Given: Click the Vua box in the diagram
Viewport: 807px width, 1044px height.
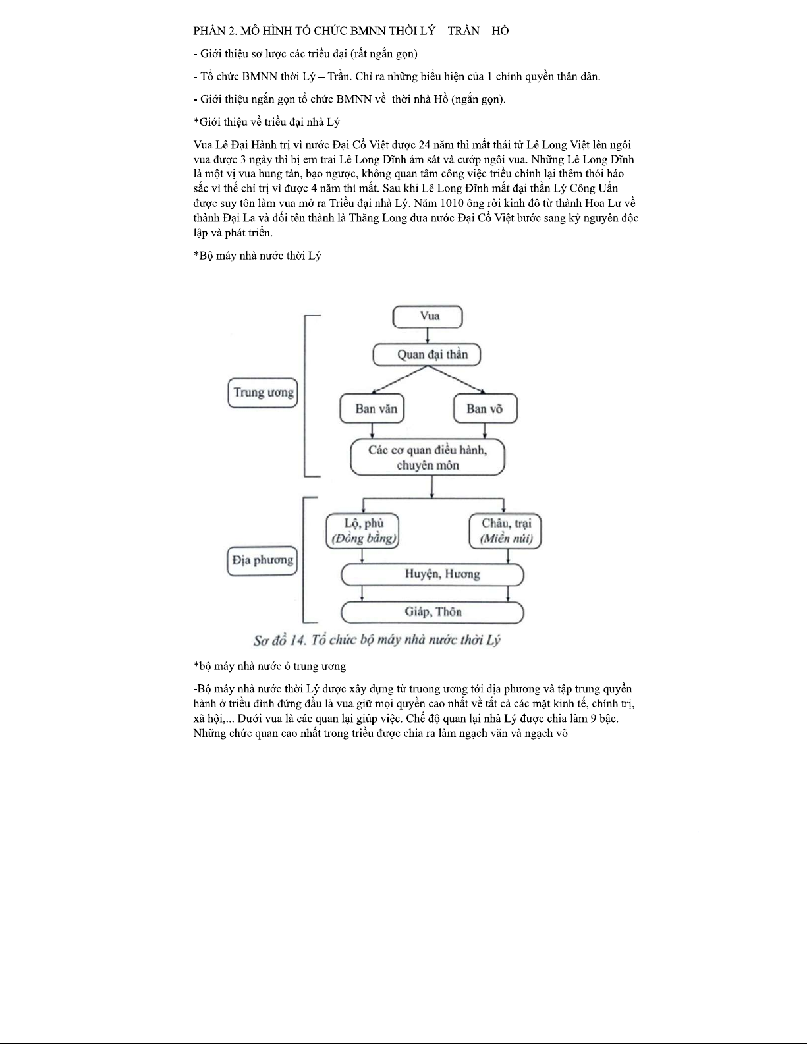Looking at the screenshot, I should [428, 316].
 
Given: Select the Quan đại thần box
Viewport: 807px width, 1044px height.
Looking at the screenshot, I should [427, 354].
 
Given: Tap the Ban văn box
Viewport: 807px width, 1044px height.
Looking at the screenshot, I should [372, 408].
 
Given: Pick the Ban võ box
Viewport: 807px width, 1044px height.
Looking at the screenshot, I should [485, 408].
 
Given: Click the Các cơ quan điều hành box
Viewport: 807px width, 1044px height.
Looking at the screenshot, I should [427, 458].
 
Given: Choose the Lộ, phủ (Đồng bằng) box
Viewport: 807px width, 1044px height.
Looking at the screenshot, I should [363, 531].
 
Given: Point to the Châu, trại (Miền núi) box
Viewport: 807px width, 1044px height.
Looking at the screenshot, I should [505, 531].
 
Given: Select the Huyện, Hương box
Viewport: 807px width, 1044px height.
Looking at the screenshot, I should [432, 574].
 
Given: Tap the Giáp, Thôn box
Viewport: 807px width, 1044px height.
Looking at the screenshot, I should [432, 612].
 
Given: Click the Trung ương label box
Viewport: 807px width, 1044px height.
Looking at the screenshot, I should [262, 393].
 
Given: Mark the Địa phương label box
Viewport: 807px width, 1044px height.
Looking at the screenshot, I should [262, 561].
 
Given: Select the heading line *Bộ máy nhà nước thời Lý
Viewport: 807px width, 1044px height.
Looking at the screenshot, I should [258, 256].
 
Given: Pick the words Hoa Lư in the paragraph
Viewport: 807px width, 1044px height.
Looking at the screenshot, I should [599, 203].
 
